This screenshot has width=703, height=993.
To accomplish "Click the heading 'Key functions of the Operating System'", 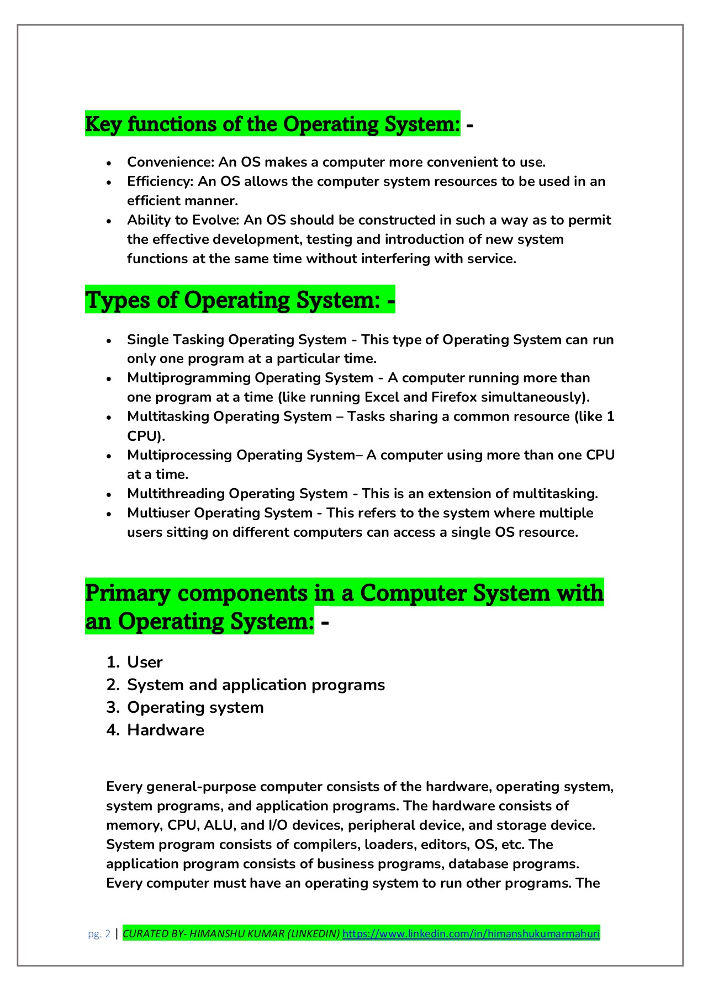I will (x=272, y=124).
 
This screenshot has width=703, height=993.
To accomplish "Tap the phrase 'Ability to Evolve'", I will (x=183, y=220).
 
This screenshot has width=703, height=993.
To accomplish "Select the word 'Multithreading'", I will (x=176, y=494).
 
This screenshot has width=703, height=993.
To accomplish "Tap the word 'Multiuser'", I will (x=158, y=513).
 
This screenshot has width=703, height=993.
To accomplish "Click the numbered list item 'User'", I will (x=145, y=662).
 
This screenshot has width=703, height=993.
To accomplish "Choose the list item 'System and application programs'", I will (x=256, y=685).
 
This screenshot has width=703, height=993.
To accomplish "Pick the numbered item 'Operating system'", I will (x=195, y=707).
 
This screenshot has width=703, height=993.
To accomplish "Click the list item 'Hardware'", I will (x=166, y=730).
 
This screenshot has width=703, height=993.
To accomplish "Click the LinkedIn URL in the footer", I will (x=471, y=934).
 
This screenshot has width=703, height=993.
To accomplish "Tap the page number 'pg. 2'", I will (x=99, y=934).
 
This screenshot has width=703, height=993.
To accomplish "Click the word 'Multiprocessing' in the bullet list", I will (x=179, y=455).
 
